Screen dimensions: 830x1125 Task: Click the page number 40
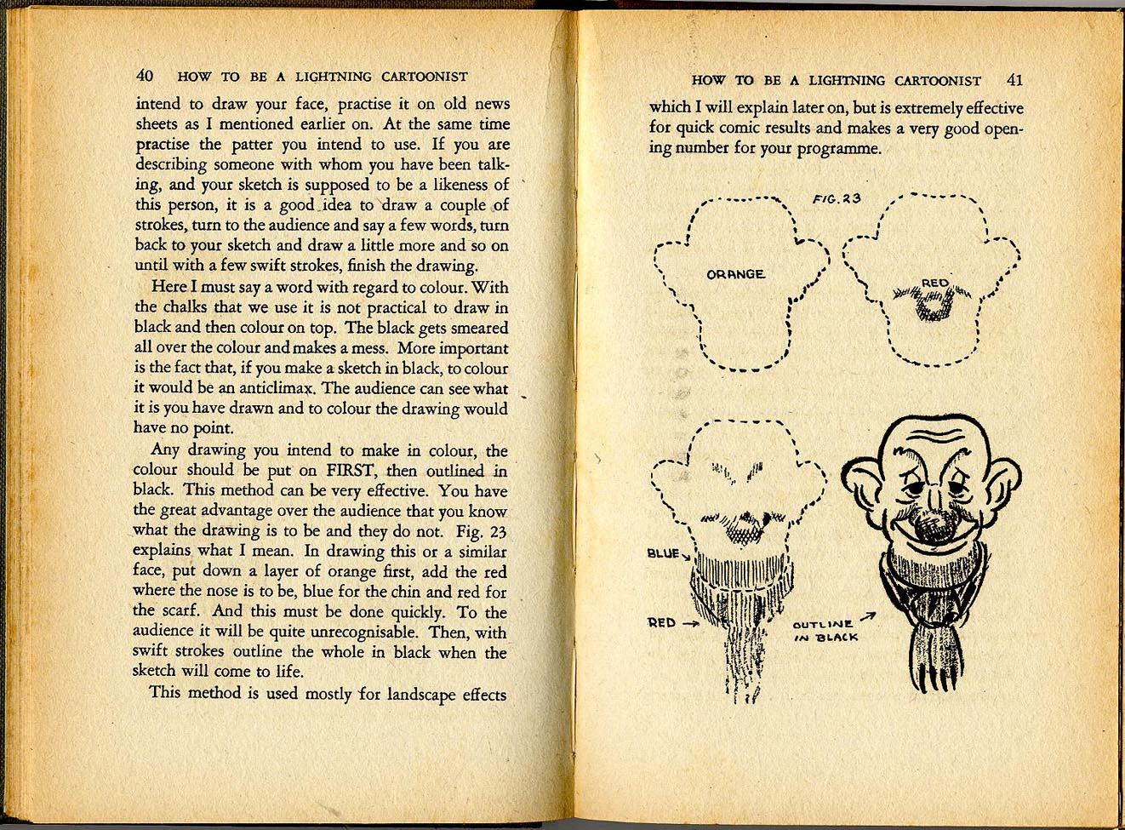(145, 76)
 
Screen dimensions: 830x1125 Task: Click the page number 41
(1014, 80)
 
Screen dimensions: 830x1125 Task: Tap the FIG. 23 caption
(836, 199)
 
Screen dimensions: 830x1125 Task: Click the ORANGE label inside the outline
(735, 274)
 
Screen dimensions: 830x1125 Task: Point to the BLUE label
(663, 553)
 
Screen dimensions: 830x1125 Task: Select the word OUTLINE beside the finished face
(822, 624)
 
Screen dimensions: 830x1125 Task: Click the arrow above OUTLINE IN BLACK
(867, 616)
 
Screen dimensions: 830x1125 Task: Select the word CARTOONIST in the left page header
(424, 77)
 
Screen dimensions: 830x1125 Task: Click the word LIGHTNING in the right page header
(846, 81)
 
